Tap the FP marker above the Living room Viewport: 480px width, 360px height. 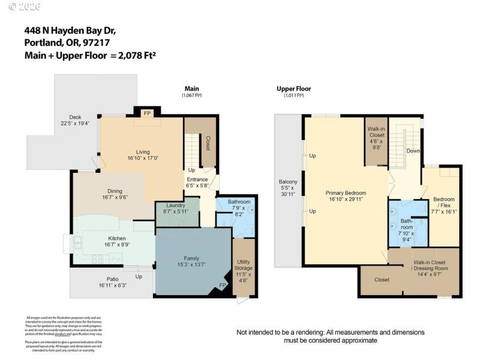pos(146,113)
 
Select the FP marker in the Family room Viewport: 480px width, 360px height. pos(223,285)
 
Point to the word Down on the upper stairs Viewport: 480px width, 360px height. pos(413,151)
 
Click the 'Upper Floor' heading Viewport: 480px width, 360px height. pos(293,89)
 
